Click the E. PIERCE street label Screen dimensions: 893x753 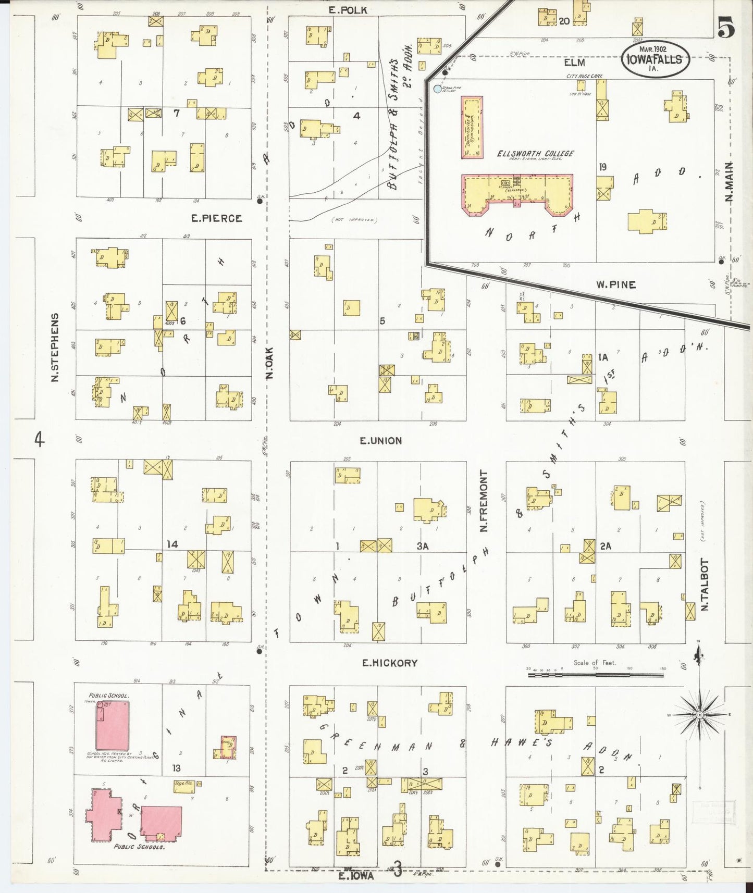[x=216, y=218]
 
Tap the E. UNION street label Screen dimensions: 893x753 [x=381, y=441]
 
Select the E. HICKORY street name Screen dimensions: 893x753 [x=390, y=663]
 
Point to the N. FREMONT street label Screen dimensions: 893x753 [x=484, y=501]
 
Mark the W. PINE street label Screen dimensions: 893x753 [x=616, y=284]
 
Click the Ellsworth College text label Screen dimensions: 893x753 [x=535, y=154]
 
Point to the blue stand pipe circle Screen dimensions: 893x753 [x=437, y=89]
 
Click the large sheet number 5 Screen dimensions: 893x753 [x=726, y=28]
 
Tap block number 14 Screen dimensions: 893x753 [x=172, y=544]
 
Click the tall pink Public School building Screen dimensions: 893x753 [x=112, y=725]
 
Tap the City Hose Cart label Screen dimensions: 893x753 [x=584, y=76]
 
